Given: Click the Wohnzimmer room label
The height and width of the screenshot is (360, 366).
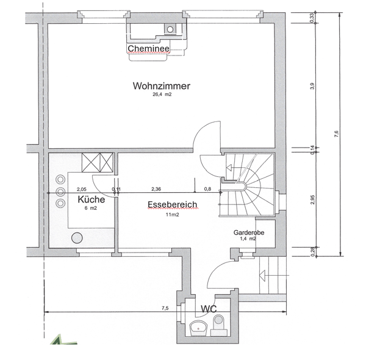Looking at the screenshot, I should pos(161,86).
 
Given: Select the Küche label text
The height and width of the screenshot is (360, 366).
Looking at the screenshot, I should pos(91,200).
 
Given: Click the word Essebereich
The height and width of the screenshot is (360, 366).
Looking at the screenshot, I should pos(173,206).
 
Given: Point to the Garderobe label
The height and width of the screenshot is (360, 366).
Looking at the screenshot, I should pos(248,233).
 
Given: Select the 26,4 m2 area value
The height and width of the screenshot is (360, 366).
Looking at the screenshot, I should pos(162,95).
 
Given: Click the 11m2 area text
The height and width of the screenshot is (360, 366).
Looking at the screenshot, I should pos(173,215).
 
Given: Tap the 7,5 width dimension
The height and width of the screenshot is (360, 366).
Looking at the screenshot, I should pos(165,308).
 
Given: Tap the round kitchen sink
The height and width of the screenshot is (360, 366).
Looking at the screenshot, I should pos(77,238).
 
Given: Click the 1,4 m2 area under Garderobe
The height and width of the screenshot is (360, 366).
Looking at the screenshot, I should pos(248,240).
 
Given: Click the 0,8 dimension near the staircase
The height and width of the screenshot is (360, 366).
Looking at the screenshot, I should pos(207,189).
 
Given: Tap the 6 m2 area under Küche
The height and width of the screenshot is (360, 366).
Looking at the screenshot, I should pos(91,208).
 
